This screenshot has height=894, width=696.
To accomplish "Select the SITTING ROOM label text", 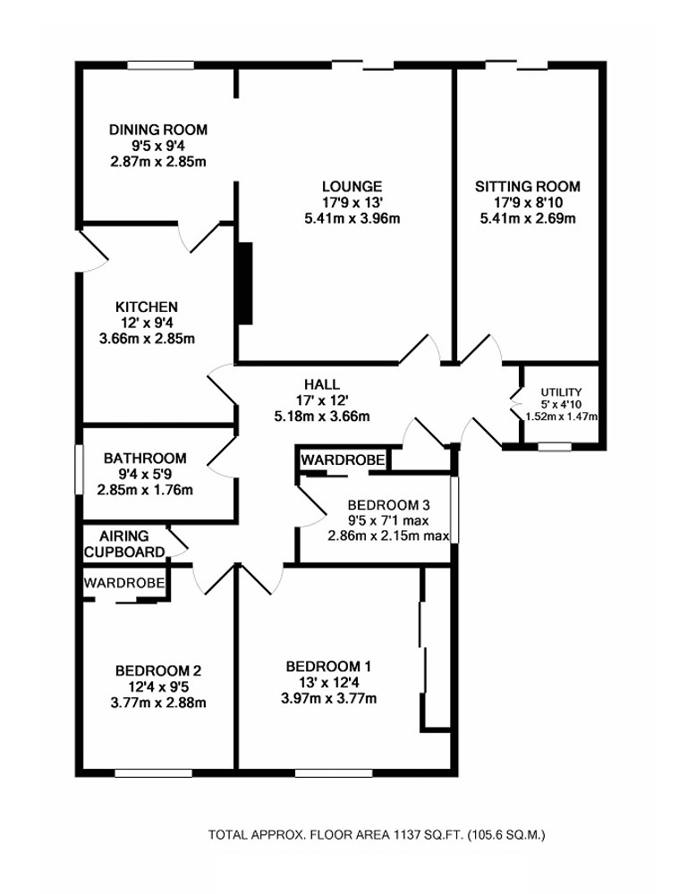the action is pyautogui.click(x=527, y=186).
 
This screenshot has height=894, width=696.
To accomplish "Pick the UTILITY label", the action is pyautogui.click(x=561, y=392).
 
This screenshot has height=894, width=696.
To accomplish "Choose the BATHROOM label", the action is pyautogui.click(x=144, y=458).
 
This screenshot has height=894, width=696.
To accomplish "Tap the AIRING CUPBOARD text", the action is pyautogui.click(x=124, y=544).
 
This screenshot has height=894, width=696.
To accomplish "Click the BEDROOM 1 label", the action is pyautogui.click(x=328, y=666).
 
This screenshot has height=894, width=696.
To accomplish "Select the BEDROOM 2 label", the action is pyautogui.click(x=157, y=670).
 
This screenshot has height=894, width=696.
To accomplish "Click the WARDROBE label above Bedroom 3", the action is pyautogui.click(x=344, y=460).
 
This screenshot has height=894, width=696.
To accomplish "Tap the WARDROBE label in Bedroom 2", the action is pyautogui.click(x=124, y=582).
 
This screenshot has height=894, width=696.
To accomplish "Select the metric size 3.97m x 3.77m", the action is pyautogui.click(x=328, y=698).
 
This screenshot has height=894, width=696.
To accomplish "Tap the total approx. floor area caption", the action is pyautogui.click(x=377, y=835).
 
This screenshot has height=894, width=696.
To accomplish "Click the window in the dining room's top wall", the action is pyautogui.click(x=156, y=64).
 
